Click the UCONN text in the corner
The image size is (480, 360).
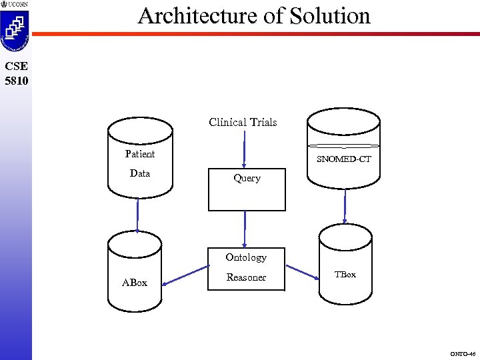click(x=18, y=4)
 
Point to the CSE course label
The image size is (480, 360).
click(x=15, y=67)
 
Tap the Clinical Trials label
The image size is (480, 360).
click(x=243, y=122)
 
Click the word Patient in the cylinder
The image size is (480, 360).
click(x=140, y=154)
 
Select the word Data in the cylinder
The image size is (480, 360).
click(x=140, y=173)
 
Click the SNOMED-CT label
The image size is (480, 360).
click(x=344, y=159)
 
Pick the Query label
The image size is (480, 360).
click(x=247, y=178)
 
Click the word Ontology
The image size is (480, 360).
click(x=246, y=257)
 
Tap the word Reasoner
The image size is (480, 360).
click(x=246, y=277)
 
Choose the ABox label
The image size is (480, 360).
click(x=135, y=283)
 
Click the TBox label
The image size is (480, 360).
click(x=345, y=275)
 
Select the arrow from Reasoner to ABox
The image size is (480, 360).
click(x=185, y=276)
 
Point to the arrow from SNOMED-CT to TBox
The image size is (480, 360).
click(x=345, y=207)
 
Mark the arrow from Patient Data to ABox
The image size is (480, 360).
click(x=138, y=215)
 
